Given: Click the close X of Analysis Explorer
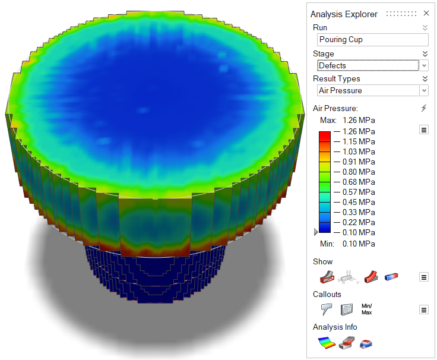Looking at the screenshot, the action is point(426,13).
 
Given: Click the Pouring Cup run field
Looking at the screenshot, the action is point(373,40).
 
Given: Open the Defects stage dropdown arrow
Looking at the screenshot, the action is point(424,65).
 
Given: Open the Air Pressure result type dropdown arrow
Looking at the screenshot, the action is point(424,90).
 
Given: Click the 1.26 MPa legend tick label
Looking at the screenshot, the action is point(359,131).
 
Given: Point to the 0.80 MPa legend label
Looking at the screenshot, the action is point(359,172).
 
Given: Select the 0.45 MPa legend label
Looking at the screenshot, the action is point(359,202).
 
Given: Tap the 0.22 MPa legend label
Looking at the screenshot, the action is point(359,222).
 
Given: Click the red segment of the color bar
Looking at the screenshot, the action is point(325,137).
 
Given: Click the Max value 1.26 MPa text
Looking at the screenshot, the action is point(359,120).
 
